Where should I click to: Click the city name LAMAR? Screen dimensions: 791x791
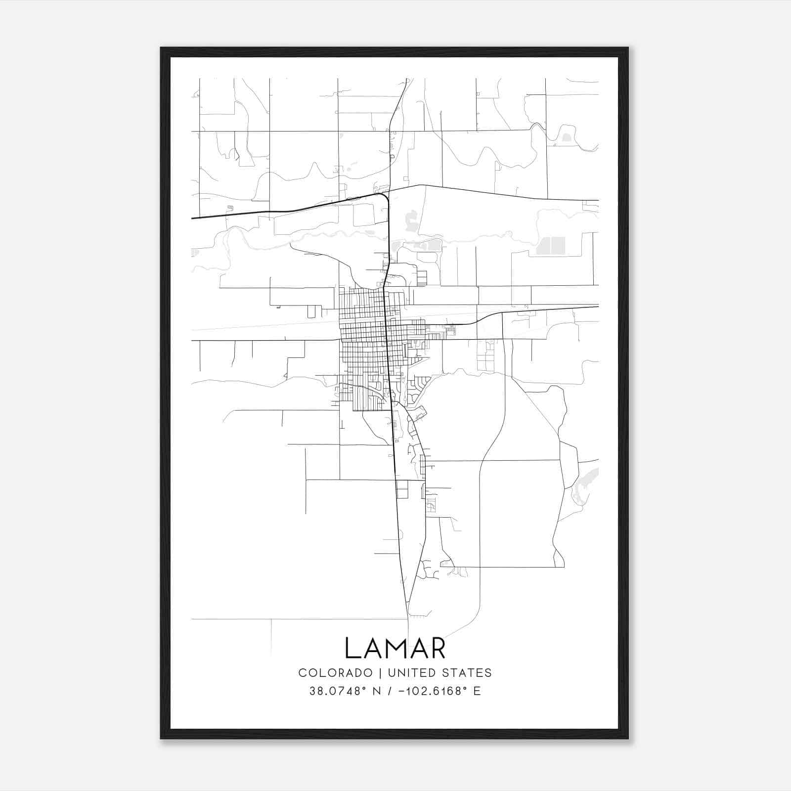[395, 648]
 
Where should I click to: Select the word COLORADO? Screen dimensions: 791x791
[335, 673]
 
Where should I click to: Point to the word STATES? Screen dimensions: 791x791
[468, 673]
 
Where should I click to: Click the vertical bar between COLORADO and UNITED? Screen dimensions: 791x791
[380, 673]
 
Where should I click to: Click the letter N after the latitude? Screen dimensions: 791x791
[377, 691]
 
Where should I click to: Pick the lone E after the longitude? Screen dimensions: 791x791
[477, 691]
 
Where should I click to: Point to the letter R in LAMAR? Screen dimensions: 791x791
[438, 648]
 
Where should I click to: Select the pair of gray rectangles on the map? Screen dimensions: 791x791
[550, 245]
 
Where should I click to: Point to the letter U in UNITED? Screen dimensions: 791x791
[392, 673]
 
